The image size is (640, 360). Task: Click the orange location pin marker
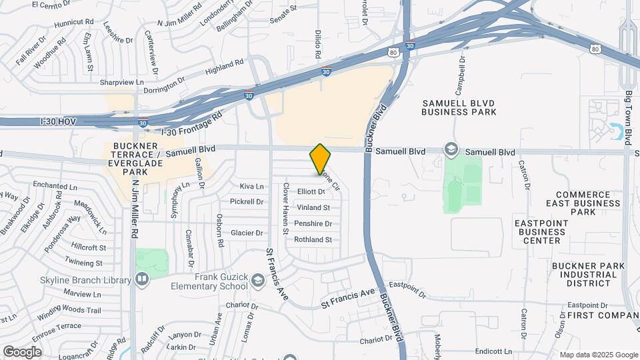click(x=320, y=159)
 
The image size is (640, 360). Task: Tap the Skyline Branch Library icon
click(x=141, y=279)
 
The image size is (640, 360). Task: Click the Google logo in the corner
click(x=22, y=351)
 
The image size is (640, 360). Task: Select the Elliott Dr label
click(x=311, y=192)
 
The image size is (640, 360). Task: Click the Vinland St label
click(x=313, y=208)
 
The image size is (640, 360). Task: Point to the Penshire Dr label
click(x=313, y=224)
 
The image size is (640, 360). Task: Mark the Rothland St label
click(x=313, y=240)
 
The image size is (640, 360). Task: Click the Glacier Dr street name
click(x=246, y=233)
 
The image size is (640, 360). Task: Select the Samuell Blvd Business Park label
click(x=459, y=107)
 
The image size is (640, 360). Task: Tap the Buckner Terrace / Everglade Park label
click(x=135, y=159)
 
